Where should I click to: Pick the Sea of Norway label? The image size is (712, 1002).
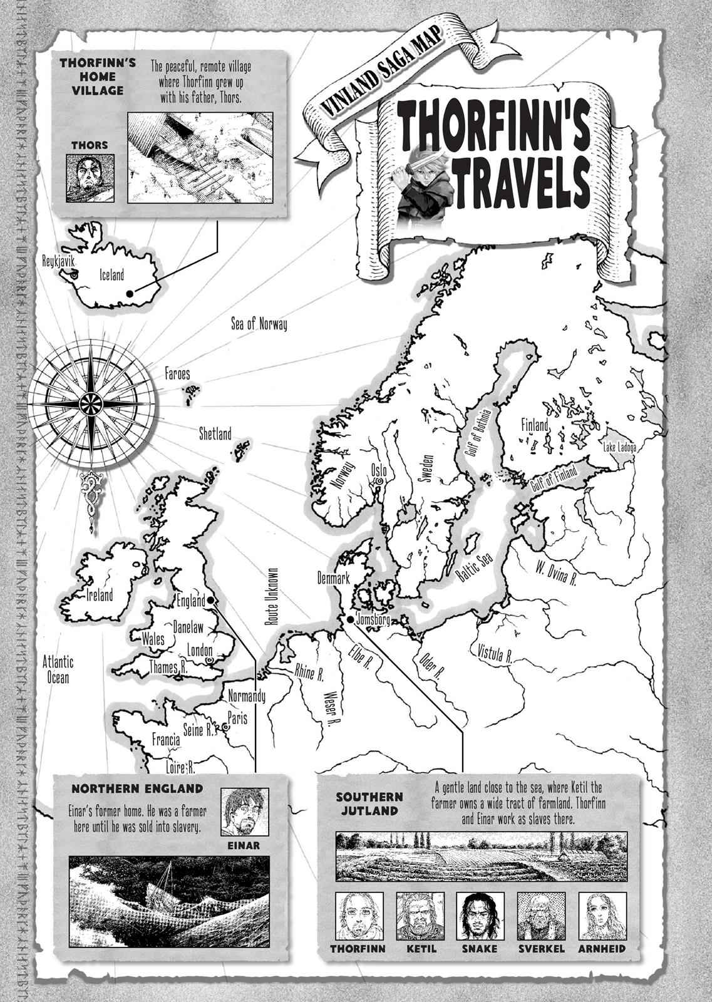(x=258, y=324)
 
